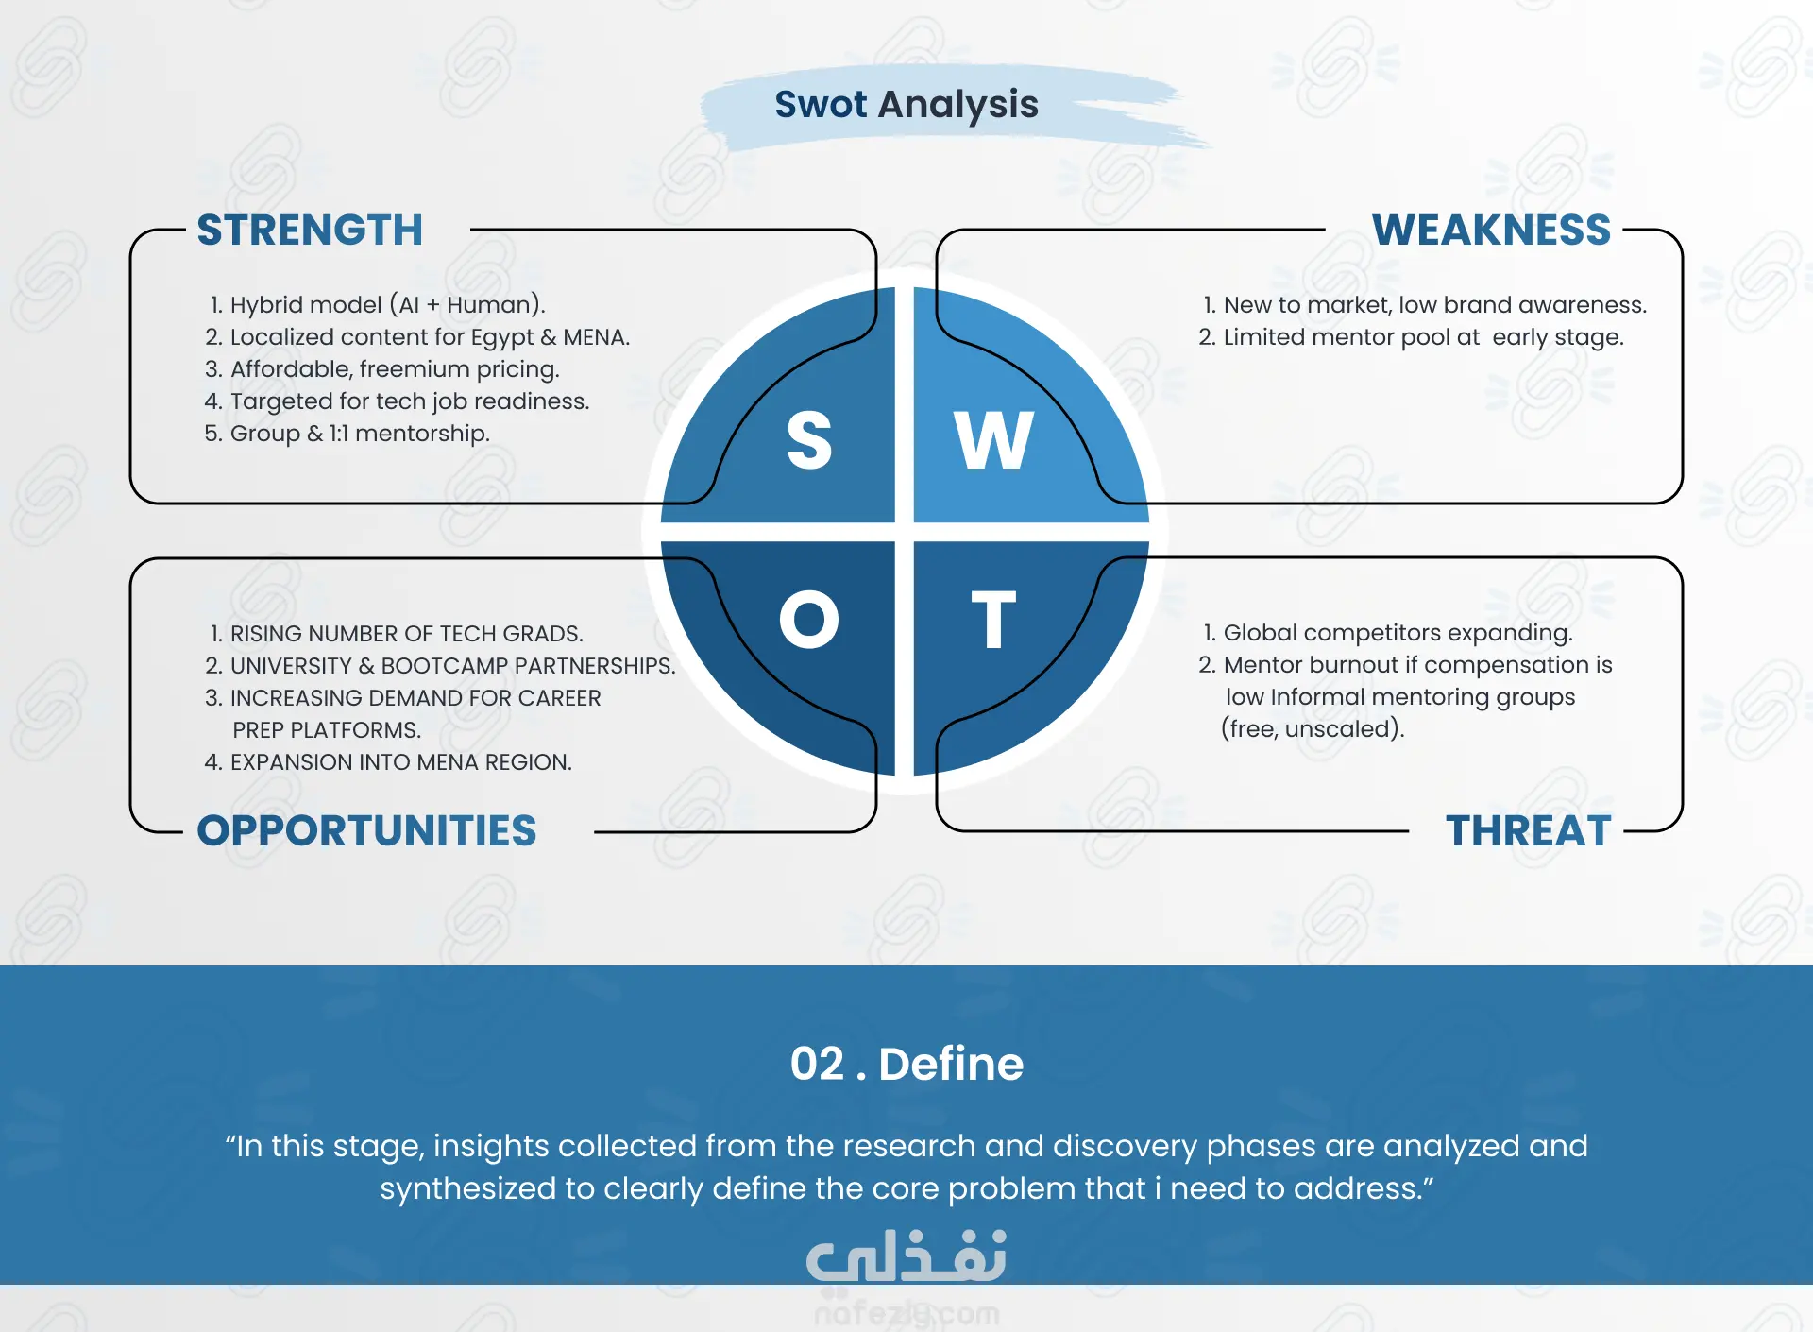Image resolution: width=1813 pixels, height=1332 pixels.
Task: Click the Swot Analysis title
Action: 906,105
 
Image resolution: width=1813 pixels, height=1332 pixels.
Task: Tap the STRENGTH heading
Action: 310,231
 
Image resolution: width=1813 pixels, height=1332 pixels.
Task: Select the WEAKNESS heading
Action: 1491,231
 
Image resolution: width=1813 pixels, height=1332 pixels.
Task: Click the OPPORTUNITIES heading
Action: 366,831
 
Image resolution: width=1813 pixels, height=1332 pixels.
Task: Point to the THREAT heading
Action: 1528,831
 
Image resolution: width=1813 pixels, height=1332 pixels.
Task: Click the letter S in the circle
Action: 809,440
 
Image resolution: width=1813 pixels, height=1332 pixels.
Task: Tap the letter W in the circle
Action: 993,440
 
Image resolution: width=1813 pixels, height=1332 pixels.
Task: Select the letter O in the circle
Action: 808,620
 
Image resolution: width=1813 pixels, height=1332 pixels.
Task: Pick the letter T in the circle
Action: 993,620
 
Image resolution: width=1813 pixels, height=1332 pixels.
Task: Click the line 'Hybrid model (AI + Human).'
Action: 387,305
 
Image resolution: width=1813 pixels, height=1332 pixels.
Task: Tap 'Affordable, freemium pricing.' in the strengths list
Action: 395,369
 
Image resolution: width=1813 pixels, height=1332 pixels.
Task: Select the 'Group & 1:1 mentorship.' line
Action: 360,434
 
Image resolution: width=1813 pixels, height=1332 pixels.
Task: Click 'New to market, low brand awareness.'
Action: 1435,305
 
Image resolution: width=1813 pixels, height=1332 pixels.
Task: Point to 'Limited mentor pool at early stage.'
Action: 1423,337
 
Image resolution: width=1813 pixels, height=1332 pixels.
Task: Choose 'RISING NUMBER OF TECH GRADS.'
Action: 407,634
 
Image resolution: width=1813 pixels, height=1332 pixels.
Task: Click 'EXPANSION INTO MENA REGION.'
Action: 401,762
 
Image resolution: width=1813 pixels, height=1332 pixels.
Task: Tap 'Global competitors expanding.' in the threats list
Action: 1398,633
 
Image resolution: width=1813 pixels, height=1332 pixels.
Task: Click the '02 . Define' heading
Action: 906,1064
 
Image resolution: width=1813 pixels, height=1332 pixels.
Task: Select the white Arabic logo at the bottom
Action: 906,1256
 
